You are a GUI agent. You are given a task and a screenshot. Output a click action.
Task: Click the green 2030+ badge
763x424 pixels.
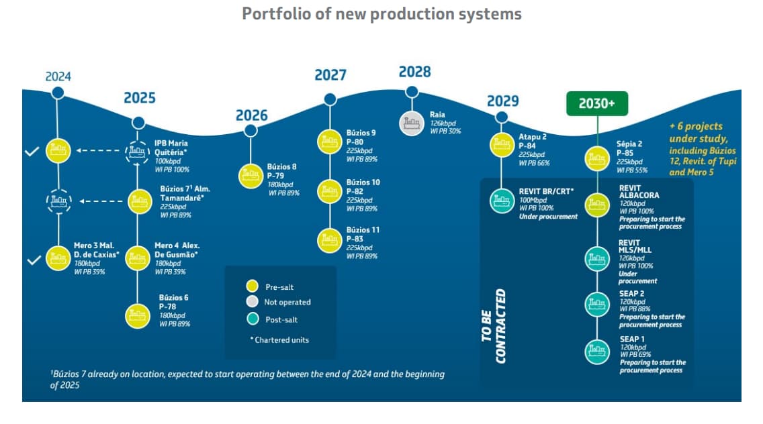coord(597,104)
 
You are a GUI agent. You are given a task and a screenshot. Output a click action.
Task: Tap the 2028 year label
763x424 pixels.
coord(414,72)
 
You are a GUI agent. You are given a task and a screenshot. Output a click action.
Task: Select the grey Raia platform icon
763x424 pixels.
coord(411,122)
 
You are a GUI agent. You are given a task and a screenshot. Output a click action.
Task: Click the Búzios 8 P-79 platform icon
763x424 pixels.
coord(251,176)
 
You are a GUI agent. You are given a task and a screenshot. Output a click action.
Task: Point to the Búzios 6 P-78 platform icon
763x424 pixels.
coord(138,315)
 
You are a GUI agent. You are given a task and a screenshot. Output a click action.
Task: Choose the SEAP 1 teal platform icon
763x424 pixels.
coord(597,351)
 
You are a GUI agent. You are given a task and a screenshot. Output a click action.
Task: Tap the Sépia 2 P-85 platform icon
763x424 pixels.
coord(597,159)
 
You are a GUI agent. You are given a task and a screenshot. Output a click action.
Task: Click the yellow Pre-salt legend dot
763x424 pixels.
coord(253,286)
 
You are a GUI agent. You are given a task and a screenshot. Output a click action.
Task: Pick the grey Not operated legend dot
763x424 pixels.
coord(253,302)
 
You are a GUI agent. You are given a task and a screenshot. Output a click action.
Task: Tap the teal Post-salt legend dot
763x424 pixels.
coord(253,319)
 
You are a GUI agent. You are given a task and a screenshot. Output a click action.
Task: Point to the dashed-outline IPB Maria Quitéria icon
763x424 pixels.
coord(138,152)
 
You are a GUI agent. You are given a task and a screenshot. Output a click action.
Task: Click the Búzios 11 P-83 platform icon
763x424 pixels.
coord(330,239)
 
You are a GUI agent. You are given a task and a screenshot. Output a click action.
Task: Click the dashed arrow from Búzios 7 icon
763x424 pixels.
coord(101,200)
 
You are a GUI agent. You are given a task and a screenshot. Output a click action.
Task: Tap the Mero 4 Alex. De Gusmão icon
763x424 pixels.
coord(138,258)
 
